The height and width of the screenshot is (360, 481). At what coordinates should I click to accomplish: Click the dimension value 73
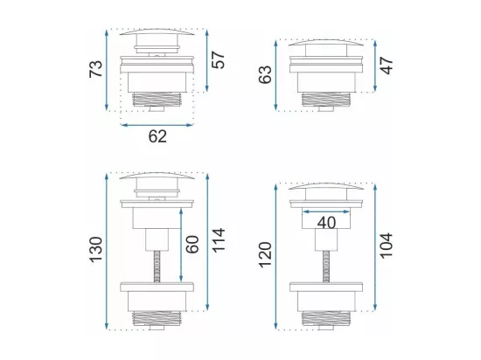click(x=95, y=69)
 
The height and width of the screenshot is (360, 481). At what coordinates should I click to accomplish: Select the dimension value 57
click(x=218, y=60)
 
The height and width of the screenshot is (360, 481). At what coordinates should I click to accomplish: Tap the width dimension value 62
click(x=157, y=136)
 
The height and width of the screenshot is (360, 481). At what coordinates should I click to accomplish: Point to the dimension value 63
click(x=265, y=74)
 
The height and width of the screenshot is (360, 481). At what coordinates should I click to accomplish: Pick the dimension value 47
click(x=387, y=66)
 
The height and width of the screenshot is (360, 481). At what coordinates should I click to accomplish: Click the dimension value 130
click(x=95, y=249)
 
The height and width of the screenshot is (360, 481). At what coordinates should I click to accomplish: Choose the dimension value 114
click(x=219, y=240)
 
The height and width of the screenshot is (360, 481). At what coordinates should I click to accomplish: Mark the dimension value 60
click(x=192, y=244)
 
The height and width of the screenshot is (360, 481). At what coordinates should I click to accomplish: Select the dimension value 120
click(x=265, y=255)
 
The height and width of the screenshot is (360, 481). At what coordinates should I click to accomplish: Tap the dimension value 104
click(x=387, y=246)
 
